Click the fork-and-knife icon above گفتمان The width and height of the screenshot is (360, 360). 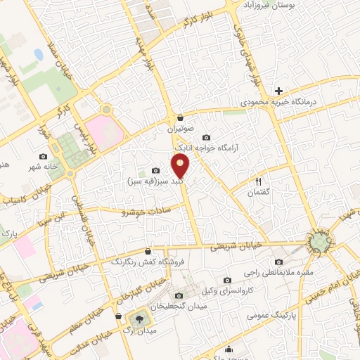(257, 181)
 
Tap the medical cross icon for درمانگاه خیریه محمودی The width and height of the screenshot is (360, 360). (278, 91)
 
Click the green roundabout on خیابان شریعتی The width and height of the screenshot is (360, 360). (320, 243)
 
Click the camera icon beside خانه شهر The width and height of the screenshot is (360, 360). (44, 156)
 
